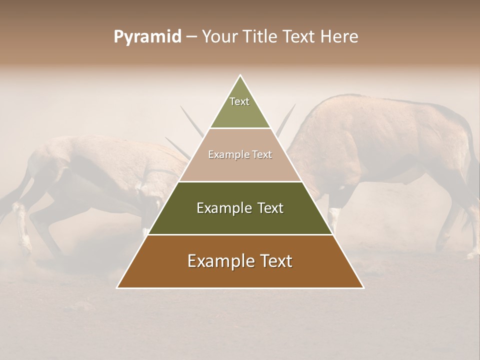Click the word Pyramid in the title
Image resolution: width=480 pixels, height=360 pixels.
click(x=147, y=37)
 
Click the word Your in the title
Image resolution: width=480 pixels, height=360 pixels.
click(x=219, y=37)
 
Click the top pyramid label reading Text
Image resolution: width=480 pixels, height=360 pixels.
click(x=239, y=101)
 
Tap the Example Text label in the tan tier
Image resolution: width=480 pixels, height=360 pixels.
click(x=240, y=154)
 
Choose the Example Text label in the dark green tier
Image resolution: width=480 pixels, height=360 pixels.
click(x=240, y=208)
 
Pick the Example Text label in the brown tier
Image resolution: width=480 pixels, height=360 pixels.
click(x=240, y=261)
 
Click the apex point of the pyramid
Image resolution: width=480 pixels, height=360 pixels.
click(x=240, y=75)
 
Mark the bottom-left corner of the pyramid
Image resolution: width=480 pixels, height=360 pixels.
click(x=117, y=287)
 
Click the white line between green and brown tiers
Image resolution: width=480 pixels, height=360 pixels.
click(x=240, y=234)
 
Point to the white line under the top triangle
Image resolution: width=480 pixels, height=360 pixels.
click(x=240, y=128)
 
